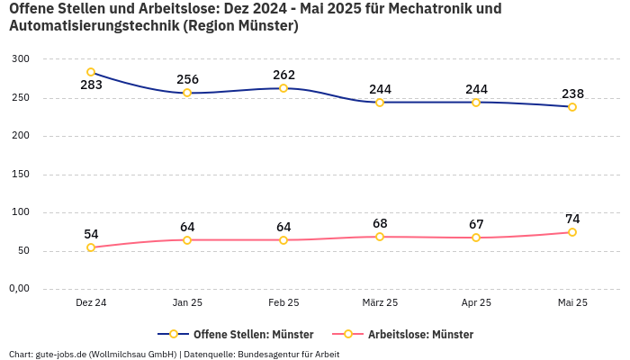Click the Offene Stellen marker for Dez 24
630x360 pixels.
point(91,72)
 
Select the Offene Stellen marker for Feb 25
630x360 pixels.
point(283,88)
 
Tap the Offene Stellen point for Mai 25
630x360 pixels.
point(572,107)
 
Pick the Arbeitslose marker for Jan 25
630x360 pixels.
point(187,240)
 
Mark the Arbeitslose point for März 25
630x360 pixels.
point(380,237)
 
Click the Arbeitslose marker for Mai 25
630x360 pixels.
point(572,232)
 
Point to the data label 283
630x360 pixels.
point(91,85)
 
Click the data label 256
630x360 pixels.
point(187,79)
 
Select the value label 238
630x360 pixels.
point(572,94)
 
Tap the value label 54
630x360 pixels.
point(91,234)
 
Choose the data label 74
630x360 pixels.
point(572,219)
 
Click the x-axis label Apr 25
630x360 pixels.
point(476,303)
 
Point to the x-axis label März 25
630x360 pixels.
point(380,303)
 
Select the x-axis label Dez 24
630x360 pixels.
point(91,303)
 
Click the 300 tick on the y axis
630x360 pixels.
point(22,58)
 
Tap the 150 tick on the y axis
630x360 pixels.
point(22,174)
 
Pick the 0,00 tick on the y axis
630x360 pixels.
point(20,289)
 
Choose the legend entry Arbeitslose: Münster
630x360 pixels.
point(410,334)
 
